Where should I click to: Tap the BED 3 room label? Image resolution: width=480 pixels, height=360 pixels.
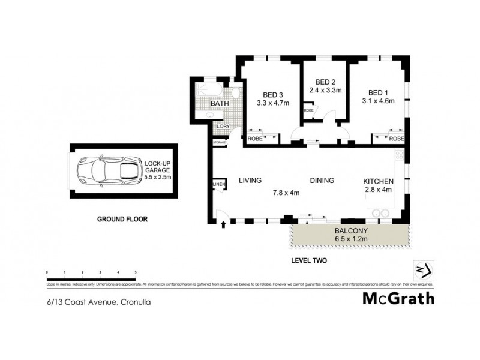[x=273, y=94]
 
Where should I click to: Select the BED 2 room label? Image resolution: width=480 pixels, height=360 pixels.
[x=325, y=82]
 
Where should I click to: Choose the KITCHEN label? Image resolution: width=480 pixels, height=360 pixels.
[x=379, y=181]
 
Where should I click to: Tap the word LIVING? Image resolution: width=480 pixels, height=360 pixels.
[x=251, y=180]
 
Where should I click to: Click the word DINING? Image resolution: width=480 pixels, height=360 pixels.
[x=322, y=181]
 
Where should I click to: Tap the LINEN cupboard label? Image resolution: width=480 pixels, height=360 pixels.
[x=218, y=184]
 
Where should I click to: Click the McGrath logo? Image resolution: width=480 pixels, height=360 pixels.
[x=398, y=298]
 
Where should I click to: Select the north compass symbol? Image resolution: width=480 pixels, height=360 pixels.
[x=424, y=269]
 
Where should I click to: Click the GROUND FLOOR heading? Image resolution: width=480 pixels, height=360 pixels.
[x=122, y=219]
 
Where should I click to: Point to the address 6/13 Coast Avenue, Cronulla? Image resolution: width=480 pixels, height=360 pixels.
[x=98, y=302]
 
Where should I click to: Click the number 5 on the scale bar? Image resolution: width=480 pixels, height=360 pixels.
[x=136, y=272]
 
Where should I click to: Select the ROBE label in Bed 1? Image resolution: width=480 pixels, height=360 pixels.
[x=396, y=139]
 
